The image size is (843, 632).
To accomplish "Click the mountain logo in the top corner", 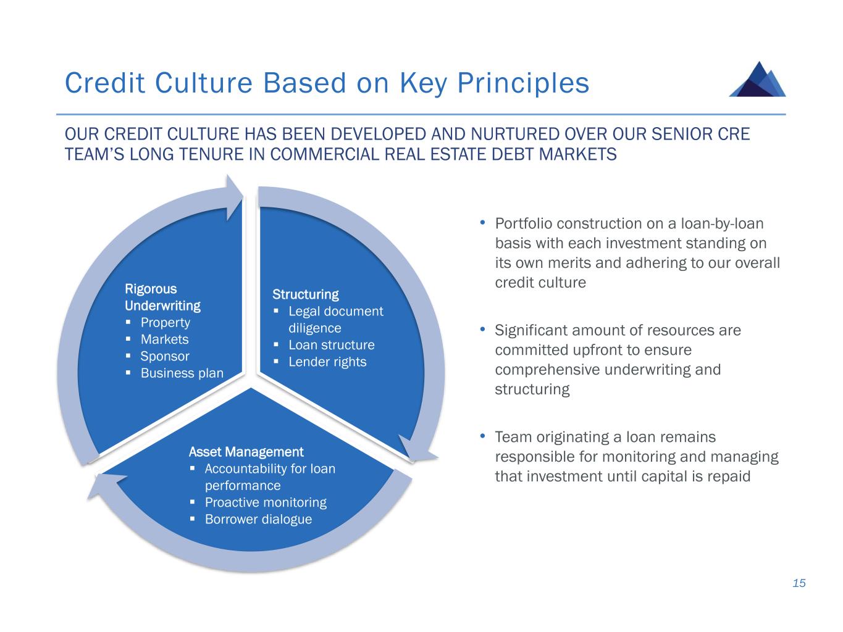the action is click(757, 79).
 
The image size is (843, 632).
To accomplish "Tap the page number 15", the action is click(799, 583).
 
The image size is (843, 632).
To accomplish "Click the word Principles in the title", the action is click(523, 83).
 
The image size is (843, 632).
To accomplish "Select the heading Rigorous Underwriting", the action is click(162, 297).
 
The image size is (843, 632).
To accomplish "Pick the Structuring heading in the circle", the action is click(305, 294).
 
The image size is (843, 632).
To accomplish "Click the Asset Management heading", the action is click(246, 452).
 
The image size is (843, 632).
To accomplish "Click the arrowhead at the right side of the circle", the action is click(417, 449).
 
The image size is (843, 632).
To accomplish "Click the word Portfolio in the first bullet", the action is click(523, 223).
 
